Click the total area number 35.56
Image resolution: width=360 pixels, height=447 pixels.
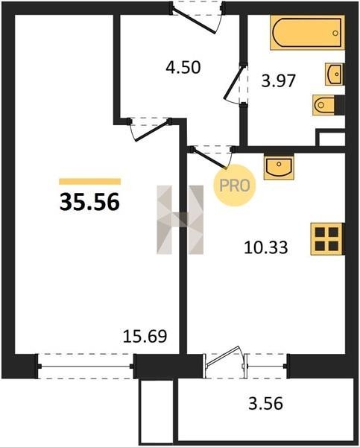tap(89, 202)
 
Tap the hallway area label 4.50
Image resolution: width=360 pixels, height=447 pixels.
tap(183, 68)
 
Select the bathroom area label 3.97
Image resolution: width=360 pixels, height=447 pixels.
tap(278, 80)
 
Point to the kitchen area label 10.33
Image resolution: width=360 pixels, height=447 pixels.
tap(266, 247)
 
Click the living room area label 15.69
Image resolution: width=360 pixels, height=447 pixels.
tap(145, 336)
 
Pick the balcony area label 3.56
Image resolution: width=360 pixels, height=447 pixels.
tap(265, 404)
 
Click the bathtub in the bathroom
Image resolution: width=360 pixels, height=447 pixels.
tap(307, 33)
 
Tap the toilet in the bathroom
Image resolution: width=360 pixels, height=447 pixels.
tap(328, 105)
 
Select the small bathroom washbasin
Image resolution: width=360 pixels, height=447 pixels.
tap(335, 74)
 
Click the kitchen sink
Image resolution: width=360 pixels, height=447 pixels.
tap(279, 167)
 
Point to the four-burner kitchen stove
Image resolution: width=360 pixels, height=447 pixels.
tap(327, 239)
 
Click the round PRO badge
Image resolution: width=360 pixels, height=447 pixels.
tap(235, 186)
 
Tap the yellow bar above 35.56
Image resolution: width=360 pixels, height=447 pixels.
tap(90, 182)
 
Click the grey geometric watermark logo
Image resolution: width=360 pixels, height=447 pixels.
tap(180, 220)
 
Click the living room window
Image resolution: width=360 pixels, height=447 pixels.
tap(85, 366)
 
